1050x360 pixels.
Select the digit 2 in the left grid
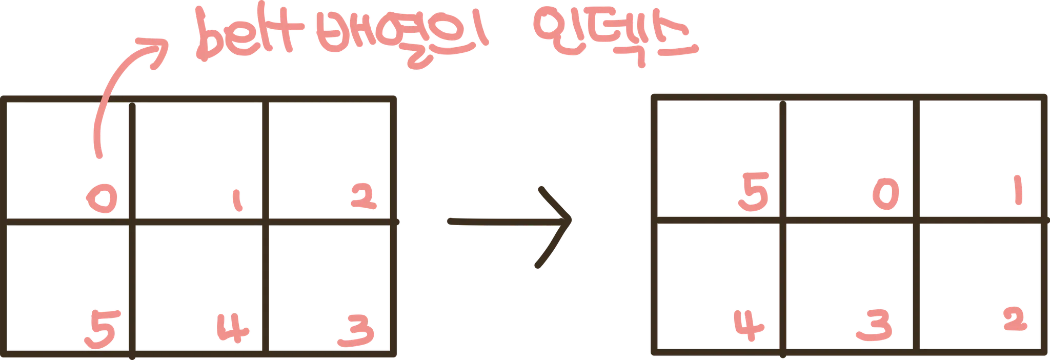364,197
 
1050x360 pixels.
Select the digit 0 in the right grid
886,198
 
